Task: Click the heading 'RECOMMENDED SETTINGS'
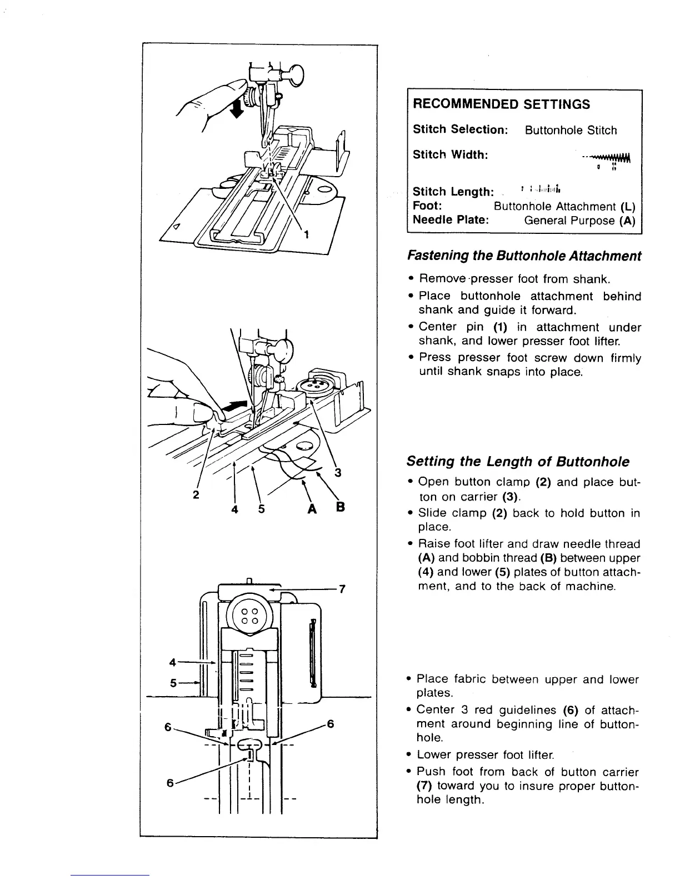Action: click(501, 104)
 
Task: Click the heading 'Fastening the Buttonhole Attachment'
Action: click(524, 256)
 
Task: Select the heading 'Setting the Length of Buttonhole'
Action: click(518, 462)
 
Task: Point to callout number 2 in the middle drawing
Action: click(196, 495)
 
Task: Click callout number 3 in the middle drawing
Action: click(337, 473)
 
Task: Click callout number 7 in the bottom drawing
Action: click(342, 589)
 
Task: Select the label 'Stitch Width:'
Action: click(450, 154)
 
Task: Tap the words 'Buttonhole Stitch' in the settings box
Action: click(571, 131)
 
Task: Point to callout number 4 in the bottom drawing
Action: click(172, 662)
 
